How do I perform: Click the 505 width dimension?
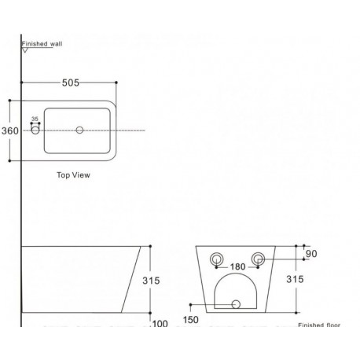pyautogui.click(x=71, y=83)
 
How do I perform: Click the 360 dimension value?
pyautogui.click(x=10, y=130)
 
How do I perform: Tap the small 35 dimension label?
pyautogui.click(x=35, y=119)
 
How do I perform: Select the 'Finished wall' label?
pyautogui.click(x=42, y=44)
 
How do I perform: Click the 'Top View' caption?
pyautogui.click(x=73, y=174)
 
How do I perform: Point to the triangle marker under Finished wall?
pyautogui.click(x=25, y=50)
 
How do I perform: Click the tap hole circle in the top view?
pyautogui.click(x=35, y=130)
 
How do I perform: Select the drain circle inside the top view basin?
pyautogui.click(x=79, y=130)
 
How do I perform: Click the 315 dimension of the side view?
pyautogui.click(x=151, y=281)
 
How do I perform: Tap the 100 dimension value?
pyautogui.click(x=160, y=324)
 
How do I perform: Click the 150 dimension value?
pyautogui.click(x=191, y=320)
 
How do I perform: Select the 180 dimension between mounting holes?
pyautogui.click(x=237, y=266)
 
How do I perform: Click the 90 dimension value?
pyautogui.click(x=311, y=254)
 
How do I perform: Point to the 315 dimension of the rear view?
pyautogui.click(x=295, y=279)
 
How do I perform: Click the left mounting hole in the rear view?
pyautogui.click(x=217, y=259)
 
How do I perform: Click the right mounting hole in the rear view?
pyautogui.click(x=258, y=259)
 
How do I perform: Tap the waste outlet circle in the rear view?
pyautogui.click(x=236, y=304)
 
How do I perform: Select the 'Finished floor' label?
pyautogui.click(x=319, y=325)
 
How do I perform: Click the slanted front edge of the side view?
pyautogui.click(x=131, y=279)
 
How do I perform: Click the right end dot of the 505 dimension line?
pyautogui.click(x=116, y=83)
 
